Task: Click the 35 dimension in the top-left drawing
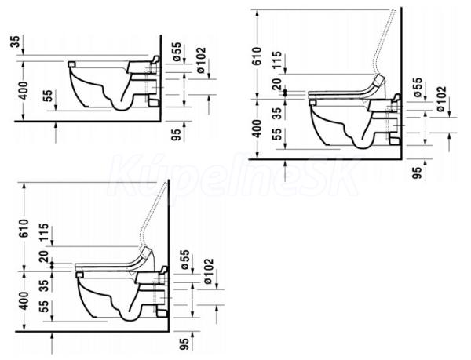pyautogui.click(x=16, y=42)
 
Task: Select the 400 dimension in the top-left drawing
pyautogui.click(x=23, y=91)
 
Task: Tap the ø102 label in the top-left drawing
pyautogui.click(x=201, y=60)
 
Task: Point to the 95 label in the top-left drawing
pyautogui.click(x=177, y=134)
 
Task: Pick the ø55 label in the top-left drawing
pyautogui.click(x=177, y=52)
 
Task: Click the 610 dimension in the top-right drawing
pyautogui.click(x=257, y=56)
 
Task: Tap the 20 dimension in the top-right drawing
pyautogui.click(x=277, y=84)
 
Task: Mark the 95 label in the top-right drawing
pyautogui.click(x=417, y=173)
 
